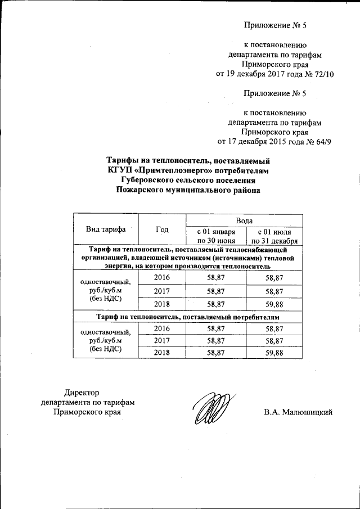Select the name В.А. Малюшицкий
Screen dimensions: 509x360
click(x=299, y=412)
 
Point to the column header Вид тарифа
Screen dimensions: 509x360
click(x=105, y=229)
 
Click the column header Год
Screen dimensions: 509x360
click(x=162, y=229)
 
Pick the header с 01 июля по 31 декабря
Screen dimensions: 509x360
click(x=274, y=236)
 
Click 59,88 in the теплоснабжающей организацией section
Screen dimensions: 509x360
click(x=273, y=304)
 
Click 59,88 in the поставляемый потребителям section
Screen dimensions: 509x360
click(x=273, y=353)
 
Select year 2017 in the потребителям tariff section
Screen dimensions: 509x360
click(x=161, y=341)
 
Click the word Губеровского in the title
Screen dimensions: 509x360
click(x=148, y=180)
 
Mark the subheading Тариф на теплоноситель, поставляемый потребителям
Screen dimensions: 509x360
click(x=188, y=317)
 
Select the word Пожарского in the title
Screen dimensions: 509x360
click(x=146, y=190)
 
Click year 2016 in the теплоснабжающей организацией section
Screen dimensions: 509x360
click(x=161, y=278)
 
